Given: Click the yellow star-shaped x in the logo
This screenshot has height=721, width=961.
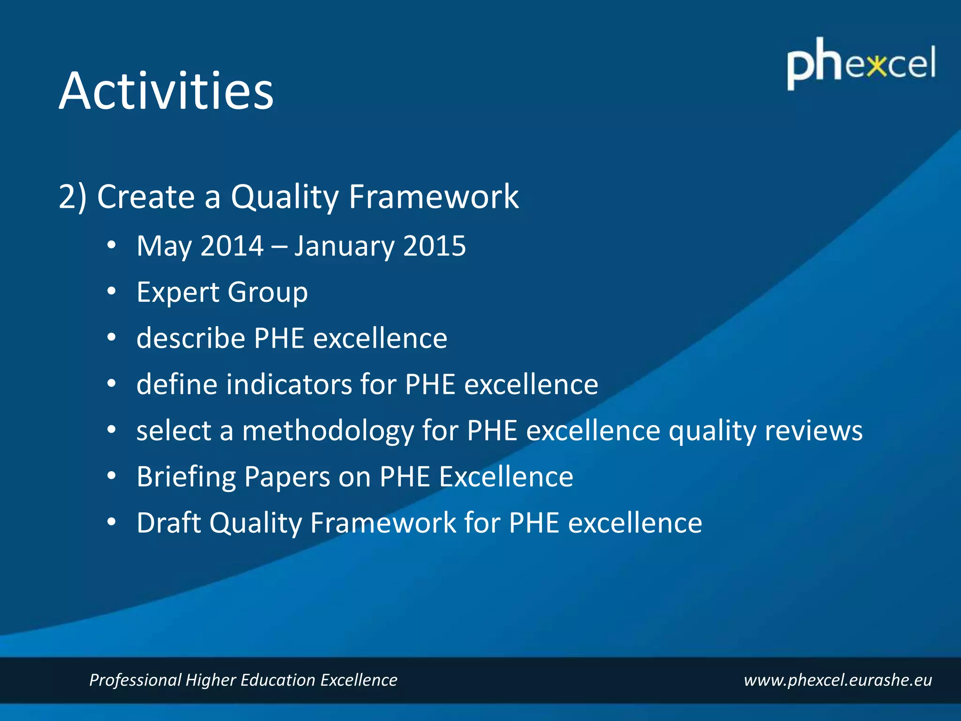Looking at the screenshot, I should point(877,65).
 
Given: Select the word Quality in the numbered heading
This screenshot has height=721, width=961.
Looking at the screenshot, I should point(284,197).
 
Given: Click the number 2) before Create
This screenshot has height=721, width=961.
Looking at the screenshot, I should point(72,197).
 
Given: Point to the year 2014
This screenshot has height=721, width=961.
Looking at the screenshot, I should point(232,246).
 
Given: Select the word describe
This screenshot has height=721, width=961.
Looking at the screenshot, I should point(191,338).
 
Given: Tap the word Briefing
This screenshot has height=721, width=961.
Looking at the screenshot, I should point(186,477).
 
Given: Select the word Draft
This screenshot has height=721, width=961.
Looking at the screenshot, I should point(168,522).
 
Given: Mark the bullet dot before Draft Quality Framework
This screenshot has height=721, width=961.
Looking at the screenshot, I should point(111,522).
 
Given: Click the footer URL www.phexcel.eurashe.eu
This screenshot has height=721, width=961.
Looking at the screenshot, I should point(838,680).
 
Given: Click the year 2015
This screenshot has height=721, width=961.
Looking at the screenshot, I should point(434,246).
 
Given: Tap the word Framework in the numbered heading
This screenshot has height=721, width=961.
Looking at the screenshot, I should point(433,197).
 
